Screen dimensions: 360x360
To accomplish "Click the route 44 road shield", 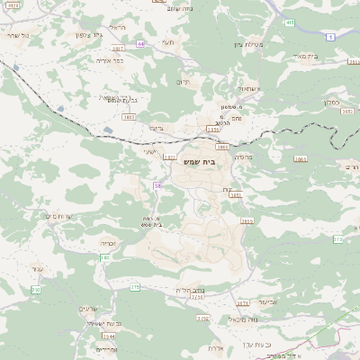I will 140,42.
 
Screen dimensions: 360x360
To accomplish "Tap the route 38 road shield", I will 157,185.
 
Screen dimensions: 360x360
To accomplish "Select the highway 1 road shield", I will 330,36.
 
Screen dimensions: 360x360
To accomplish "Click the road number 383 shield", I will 105,257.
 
